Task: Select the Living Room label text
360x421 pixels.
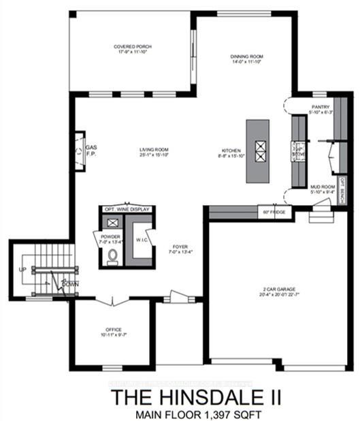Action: [154, 150]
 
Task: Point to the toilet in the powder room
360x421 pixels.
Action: [113, 255]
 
